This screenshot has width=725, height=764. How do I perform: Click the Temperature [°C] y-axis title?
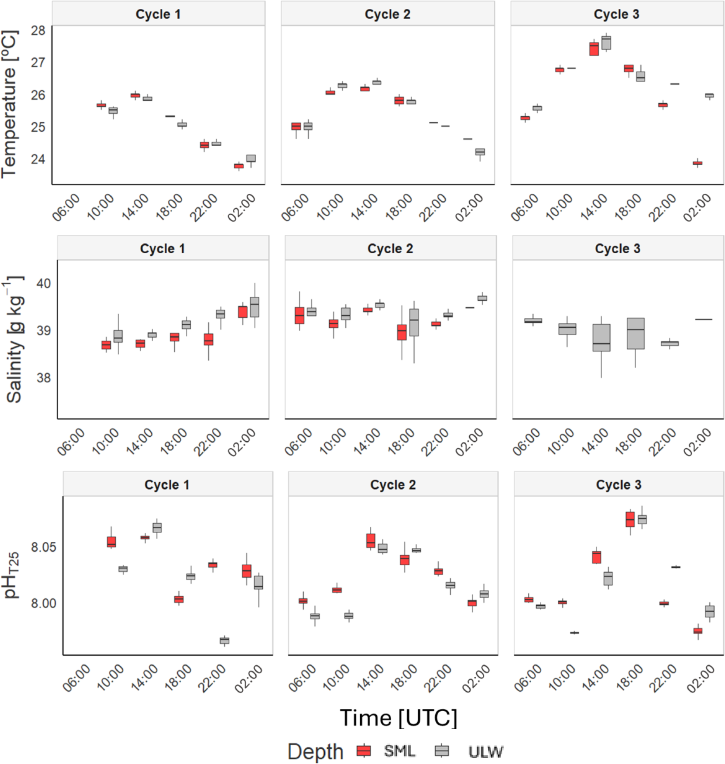pyautogui.click(x=9, y=104)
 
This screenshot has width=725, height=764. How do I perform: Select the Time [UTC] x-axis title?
pyautogui.click(x=398, y=718)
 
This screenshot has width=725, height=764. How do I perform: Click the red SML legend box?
pyautogui.click(x=364, y=751)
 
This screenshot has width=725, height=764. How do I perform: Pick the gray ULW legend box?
pyautogui.click(x=442, y=751)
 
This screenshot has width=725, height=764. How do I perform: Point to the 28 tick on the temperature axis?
pyautogui.click(x=38, y=31)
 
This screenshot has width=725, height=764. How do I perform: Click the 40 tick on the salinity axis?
pyautogui.click(x=43, y=283)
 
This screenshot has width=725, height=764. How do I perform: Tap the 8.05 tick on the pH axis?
pyautogui.click(x=43, y=547)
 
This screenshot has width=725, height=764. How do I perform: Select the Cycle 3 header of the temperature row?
pyautogui.click(x=616, y=14)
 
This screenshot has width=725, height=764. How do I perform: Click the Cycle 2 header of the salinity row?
pyautogui.click(x=390, y=248)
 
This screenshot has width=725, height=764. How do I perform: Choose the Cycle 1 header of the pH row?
pyautogui.click(x=167, y=484)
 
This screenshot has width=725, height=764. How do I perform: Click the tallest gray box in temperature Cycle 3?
pyautogui.click(x=606, y=43)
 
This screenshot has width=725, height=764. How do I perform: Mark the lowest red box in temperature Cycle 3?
pyautogui.click(x=698, y=163)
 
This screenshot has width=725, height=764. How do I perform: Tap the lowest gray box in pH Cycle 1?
pyautogui.click(x=224, y=640)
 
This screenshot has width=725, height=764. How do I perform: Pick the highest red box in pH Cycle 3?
pyautogui.click(x=630, y=519)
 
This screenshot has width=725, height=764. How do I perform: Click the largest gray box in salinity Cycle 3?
pyautogui.click(x=635, y=333)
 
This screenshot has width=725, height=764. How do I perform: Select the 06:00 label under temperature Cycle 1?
pyautogui.click(x=67, y=208)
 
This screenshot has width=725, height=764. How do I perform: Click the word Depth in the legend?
pyautogui.click(x=315, y=752)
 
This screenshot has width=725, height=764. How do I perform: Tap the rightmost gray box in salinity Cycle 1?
pyautogui.click(x=255, y=307)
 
